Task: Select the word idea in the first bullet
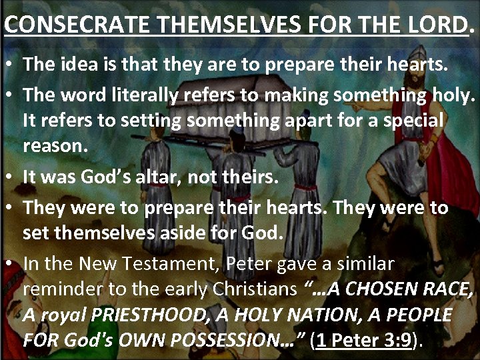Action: pos(83,65)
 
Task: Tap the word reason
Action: pos(55,147)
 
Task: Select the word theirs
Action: pos(251,177)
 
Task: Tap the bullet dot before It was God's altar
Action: pos(13,178)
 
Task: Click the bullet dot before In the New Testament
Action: pos(13,264)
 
